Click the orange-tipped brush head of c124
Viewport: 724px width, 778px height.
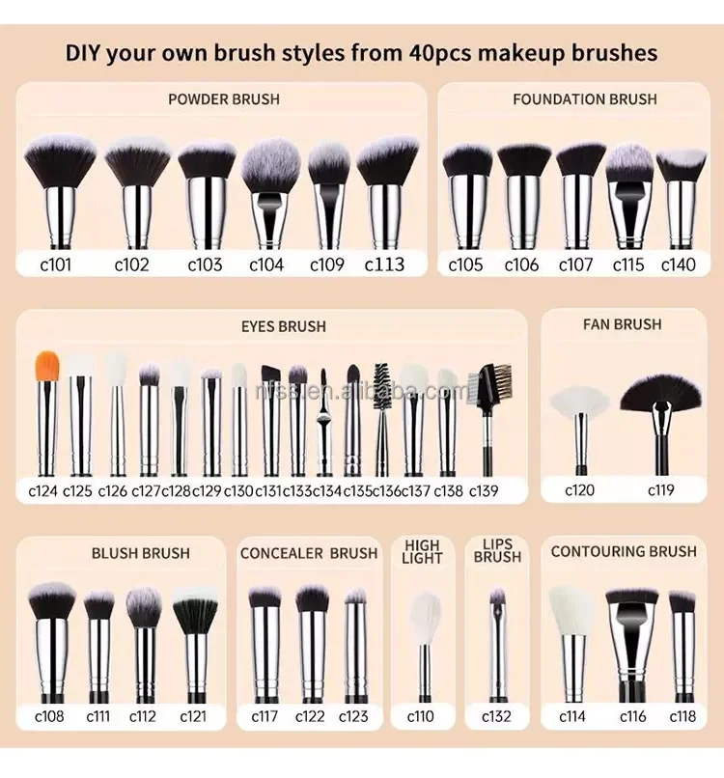(x=47, y=365)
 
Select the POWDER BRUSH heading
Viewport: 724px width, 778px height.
(x=224, y=98)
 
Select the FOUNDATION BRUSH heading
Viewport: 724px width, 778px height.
(x=585, y=98)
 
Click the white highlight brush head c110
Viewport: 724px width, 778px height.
(x=424, y=618)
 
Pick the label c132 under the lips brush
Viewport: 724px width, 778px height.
(x=498, y=715)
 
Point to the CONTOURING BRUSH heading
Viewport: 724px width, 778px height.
(x=624, y=551)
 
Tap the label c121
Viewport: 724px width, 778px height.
(x=193, y=715)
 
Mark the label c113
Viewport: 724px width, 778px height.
(x=384, y=264)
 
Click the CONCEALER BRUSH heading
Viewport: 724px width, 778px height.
(x=309, y=553)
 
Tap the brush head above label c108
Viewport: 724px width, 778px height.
(x=52, y=600)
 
